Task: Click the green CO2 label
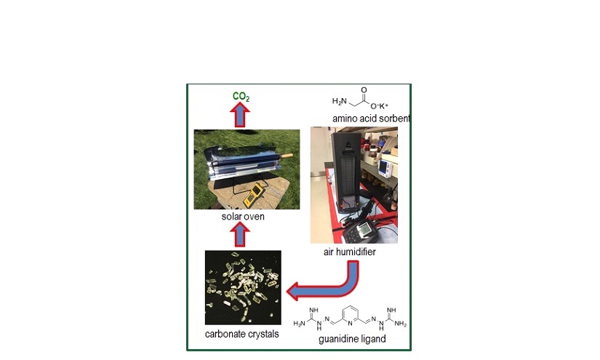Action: (x=241, y=97)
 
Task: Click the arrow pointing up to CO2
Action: (x=240, y=115)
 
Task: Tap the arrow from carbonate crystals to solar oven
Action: (x=240, y=235)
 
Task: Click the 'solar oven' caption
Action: (x=243, y=217)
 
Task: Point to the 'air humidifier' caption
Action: (x=349, y=252)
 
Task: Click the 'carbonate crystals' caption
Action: (x=242, y=334)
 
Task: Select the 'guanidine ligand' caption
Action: (x=352, y=339)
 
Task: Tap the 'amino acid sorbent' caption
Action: (x=371, y=119)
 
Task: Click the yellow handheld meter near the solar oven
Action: (x=253, y=194)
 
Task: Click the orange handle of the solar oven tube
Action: (x=287, y=156)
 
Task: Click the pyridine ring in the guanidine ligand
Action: (x=350, y=315)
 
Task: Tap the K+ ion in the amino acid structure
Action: (x=383, y=106)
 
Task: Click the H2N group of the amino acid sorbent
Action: (x=340, y=101)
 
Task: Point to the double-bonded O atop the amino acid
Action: (x=364, y=90)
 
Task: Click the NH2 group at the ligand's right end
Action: (x=400, y=324)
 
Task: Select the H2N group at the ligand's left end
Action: (x=300, y=324)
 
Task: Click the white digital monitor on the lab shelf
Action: (x=384, y=168)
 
